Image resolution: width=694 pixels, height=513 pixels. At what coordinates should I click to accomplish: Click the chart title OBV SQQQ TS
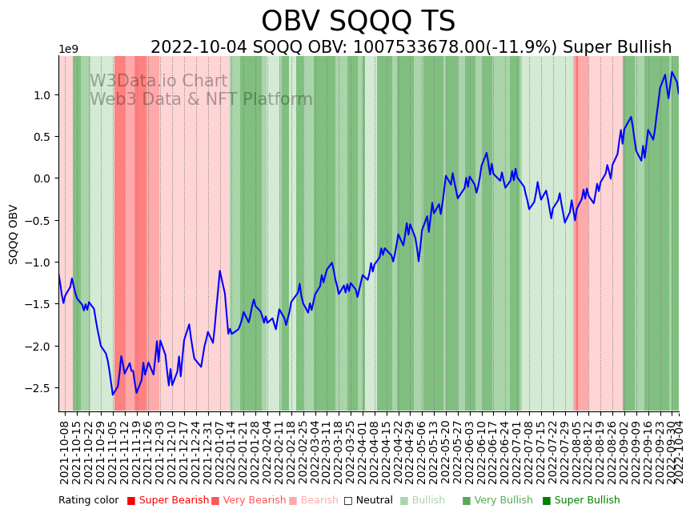coord(358,22)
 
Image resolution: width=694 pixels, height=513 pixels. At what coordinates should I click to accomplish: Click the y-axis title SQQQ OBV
coord(14,234)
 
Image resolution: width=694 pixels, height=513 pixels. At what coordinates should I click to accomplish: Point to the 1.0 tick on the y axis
coord(43,95)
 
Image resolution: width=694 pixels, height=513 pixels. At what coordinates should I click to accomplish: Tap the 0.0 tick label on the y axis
coord(43,178)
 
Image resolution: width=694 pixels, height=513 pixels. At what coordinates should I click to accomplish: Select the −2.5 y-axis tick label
coord(40,388)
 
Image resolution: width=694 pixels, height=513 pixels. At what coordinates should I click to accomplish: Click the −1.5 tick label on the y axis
coord(40,304)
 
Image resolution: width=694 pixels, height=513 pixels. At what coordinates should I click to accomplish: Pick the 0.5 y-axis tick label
coord(43,137)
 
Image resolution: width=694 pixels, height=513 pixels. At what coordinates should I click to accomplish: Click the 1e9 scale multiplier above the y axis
coord(68,50)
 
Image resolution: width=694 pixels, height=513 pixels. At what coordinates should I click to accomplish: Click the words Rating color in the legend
coord(88,501)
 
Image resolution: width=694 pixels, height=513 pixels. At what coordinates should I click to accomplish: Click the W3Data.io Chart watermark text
coord(158,82)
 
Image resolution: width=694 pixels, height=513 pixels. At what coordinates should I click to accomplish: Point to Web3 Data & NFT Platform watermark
coord(201,99)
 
